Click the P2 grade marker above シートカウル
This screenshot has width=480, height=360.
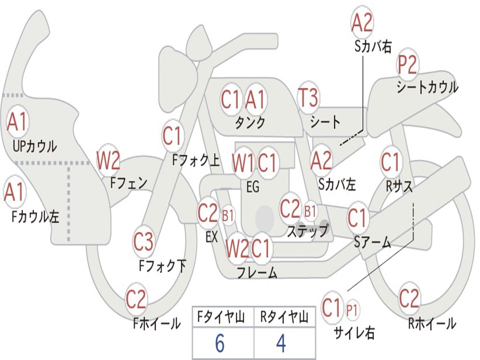(407, 64)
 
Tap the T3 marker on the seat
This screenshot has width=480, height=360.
(308, 97)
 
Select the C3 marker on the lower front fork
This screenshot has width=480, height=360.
(143, 242)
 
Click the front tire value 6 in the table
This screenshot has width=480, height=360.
(220, 343)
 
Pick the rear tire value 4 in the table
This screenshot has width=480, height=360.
(281, 343)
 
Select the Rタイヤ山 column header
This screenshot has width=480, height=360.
(284, 316)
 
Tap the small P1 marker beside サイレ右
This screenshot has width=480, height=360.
(352, 310)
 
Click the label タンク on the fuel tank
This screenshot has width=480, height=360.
(250, 122)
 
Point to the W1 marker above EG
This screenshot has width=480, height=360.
(243, 163)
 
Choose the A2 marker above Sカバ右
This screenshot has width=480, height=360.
(362, 23)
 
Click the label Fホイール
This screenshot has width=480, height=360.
(157, 323)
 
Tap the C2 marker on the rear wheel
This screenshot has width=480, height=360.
(409, 298)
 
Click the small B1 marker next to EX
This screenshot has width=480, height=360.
(228, 216)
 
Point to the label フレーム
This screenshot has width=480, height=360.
(257, 272)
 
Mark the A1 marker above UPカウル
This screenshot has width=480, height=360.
(17, 121)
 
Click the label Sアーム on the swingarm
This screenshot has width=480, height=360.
(372, 242)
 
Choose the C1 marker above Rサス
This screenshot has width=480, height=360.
(390, 162)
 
